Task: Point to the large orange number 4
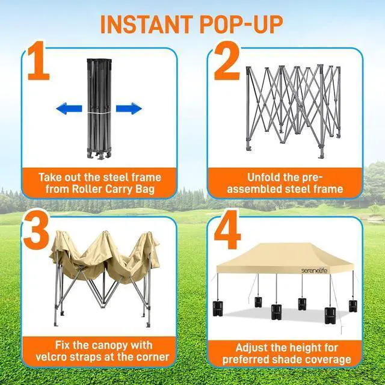coord(228,230)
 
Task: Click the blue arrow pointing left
coord(69,109)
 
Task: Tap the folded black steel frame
coord(99,108)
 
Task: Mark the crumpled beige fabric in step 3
coord(102,253)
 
